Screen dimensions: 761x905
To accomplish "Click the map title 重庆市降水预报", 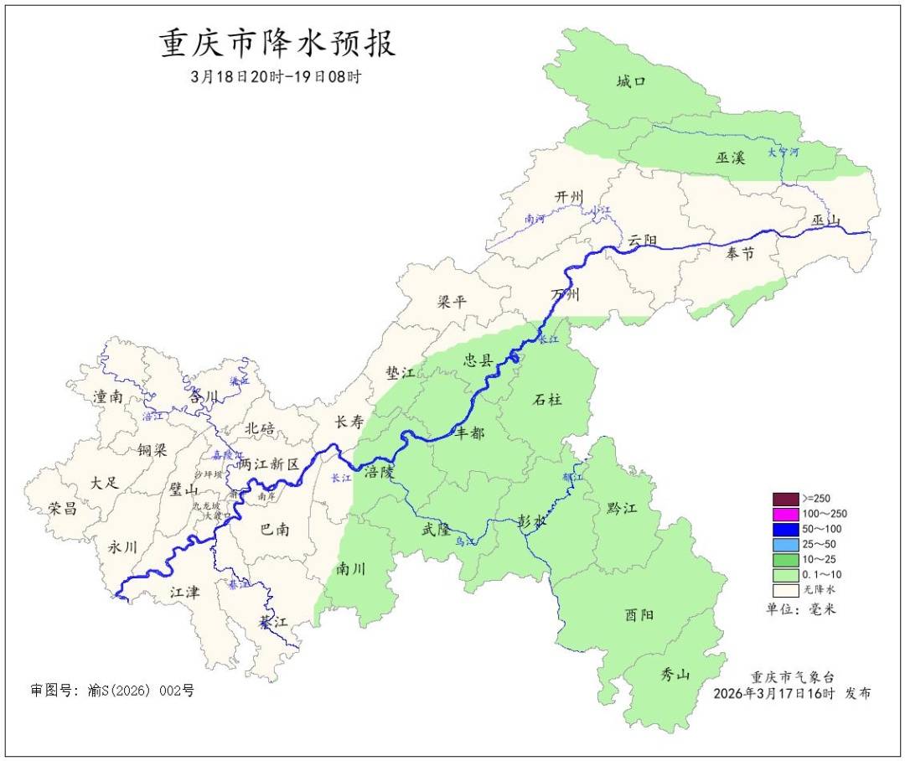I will tap(277, 44).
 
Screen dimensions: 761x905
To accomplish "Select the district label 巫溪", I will tap(730, 157).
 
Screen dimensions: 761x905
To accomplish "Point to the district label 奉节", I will tap(740, 253).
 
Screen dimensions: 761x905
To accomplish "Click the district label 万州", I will tap(565, 295).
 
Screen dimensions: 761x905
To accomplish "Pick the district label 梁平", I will tap(452, 302).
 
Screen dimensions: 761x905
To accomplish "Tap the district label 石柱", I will tap(547, 400).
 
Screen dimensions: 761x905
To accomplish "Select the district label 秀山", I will tap(675, 674).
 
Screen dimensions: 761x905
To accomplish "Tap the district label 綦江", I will tap(273, 622).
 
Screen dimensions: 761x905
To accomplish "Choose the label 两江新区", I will tap(268, 463).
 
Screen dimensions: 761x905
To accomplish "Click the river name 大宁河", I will tap(783, 153).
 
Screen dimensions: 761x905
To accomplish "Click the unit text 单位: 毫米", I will tap(800, 608).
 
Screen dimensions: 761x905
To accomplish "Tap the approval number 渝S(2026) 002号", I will tap(139, 691).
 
